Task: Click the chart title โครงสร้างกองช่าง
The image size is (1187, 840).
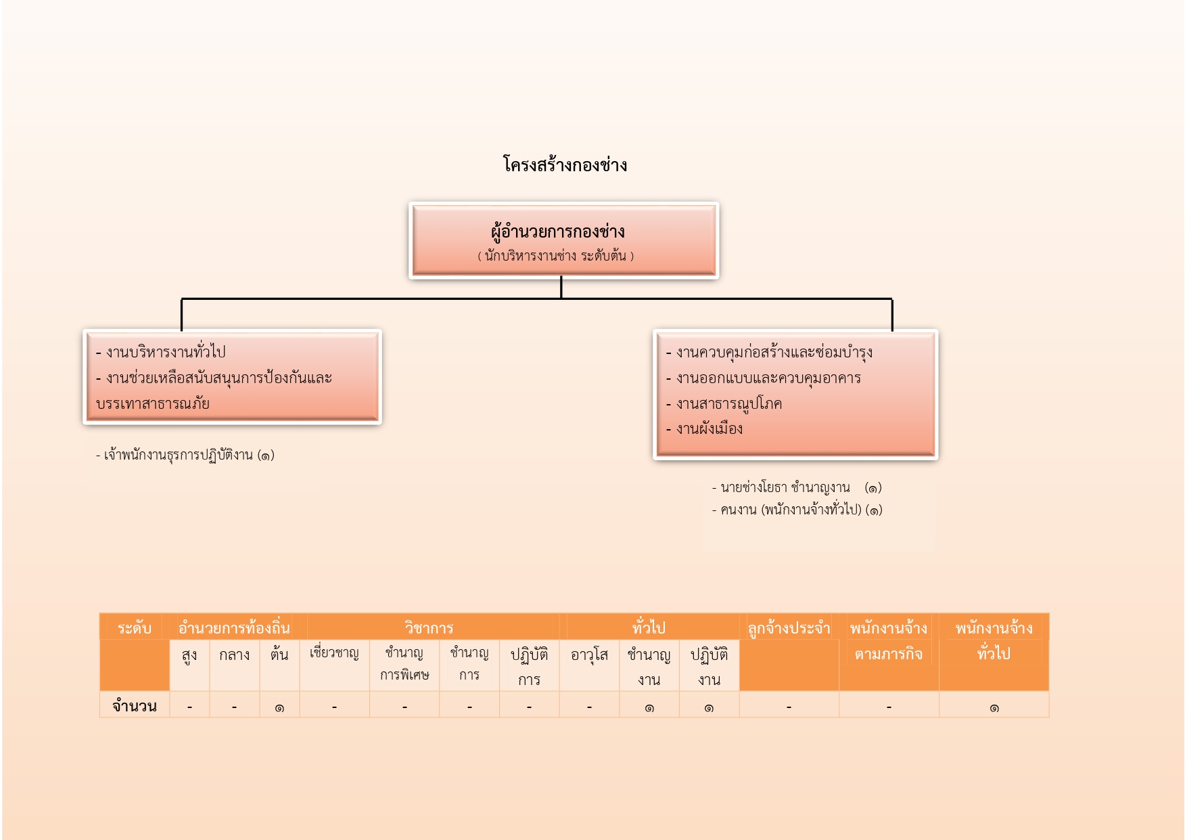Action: point(565,165)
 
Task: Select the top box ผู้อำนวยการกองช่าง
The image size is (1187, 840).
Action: point(563,240)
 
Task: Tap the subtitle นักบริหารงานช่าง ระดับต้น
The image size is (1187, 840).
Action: point(556,257)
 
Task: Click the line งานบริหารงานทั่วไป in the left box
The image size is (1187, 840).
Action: point(161,352)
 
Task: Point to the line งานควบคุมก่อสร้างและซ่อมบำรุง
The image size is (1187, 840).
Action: point(769,352)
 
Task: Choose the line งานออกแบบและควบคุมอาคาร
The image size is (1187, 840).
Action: point(763,378)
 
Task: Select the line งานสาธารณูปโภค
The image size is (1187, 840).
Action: point(724,403)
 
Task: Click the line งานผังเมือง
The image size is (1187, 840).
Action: point(704,429)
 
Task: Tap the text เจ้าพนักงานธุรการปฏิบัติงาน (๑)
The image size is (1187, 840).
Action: point(185,455)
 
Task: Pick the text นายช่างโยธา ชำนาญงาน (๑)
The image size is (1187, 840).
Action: point(797,487)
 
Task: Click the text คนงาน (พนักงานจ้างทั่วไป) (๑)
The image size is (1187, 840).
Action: point(797,510)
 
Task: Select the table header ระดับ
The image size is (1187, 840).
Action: point(135,628)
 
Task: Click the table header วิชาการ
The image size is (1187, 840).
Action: point(429,628)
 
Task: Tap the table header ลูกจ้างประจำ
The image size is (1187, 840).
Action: point(789,628)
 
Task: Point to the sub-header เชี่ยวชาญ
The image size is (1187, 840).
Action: point(334,653)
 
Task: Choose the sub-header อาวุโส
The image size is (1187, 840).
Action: point(589,655)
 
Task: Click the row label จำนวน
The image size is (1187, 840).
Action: point(135,706)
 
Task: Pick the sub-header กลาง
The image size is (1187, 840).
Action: point(234,655)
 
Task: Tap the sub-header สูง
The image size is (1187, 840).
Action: point(189,655)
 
